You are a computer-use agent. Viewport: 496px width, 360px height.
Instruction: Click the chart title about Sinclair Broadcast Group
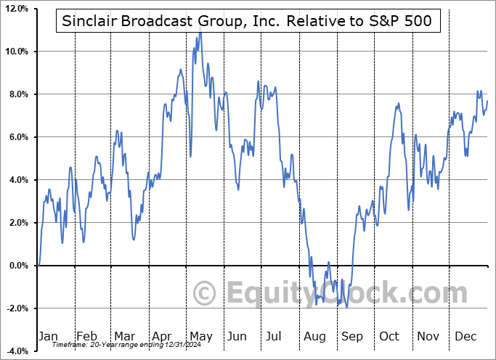tap(247, 21)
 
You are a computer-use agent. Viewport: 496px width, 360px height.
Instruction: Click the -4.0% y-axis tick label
tap(17, 351)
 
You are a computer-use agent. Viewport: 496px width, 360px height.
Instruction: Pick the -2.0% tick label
tap(17, 308)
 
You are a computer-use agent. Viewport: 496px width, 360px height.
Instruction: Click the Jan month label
tap(48, 336)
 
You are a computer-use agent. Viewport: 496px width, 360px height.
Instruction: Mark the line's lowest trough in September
tap(347, 307)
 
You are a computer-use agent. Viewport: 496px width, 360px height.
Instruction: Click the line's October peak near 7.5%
tap(398, 104)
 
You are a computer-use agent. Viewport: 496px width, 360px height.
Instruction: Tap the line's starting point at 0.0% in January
tap(38, 266)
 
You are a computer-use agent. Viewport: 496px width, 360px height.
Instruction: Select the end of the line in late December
tap(487, 101)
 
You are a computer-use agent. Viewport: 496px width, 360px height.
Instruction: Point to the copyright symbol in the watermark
tap(206, 294)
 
